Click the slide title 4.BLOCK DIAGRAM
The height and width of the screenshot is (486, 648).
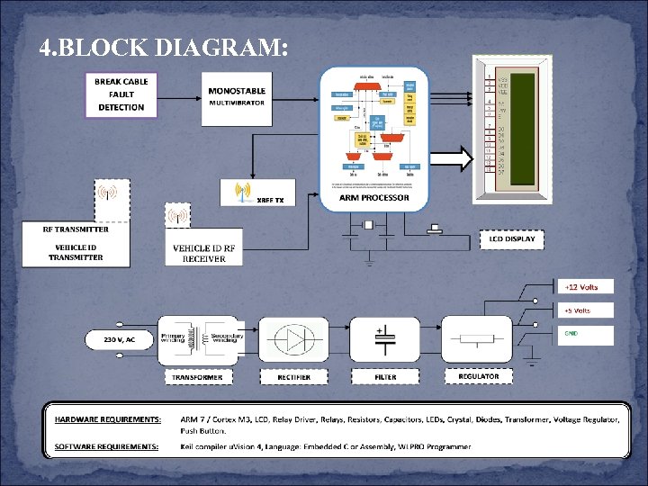(164, 49)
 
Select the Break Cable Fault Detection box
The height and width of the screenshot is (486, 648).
(121, 94)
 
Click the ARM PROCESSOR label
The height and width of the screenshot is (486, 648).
(373, 198)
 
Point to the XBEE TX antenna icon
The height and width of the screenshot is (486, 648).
(241, 192)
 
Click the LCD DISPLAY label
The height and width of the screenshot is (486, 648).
(512, 239)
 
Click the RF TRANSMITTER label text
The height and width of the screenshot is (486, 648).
(76, 229)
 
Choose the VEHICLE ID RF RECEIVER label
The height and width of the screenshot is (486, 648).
(204, 253)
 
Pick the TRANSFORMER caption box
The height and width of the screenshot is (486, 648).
(199, 377)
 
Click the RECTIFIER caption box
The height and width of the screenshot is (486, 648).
(294, 377)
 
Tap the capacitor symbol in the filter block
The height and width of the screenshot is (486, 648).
(385, 340)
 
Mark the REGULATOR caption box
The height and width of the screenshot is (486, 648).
(479, 376)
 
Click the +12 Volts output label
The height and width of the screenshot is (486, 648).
(581, 287)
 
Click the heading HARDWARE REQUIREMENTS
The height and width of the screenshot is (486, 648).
(109, 419)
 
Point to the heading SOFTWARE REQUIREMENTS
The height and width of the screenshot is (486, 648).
(107, 446)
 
